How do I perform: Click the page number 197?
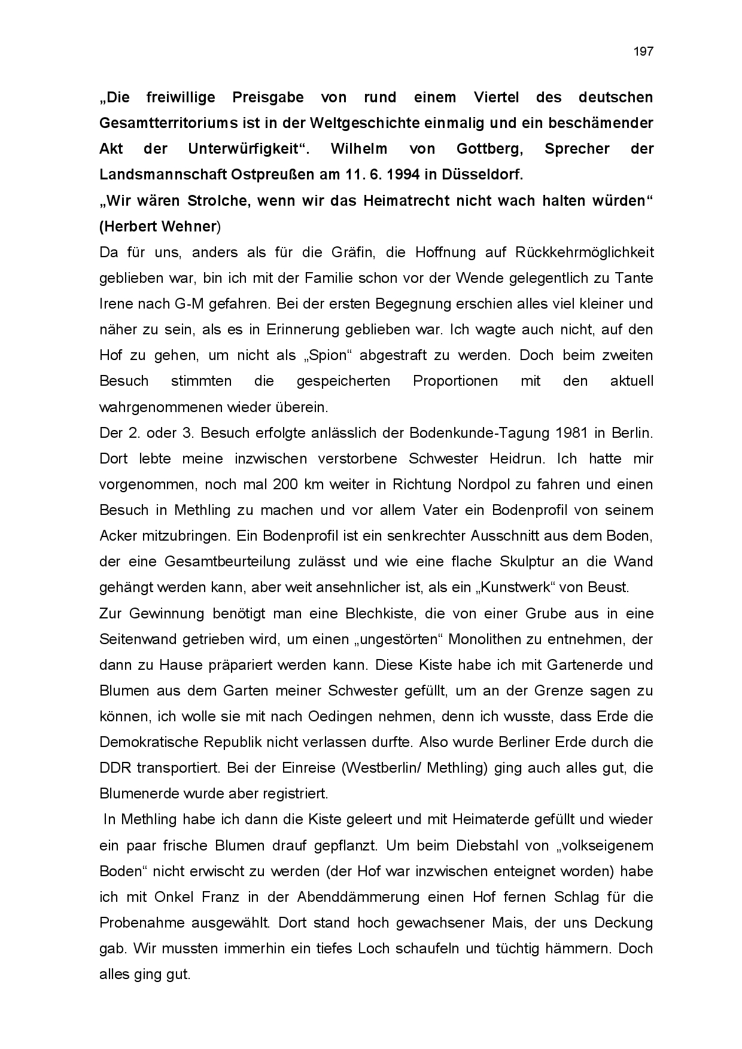click(643, 51)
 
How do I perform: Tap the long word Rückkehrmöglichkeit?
click(584, 252)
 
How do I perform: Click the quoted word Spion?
click(329, 355)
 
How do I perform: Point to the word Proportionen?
click(455, 381)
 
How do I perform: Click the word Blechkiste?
click(375, 614)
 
